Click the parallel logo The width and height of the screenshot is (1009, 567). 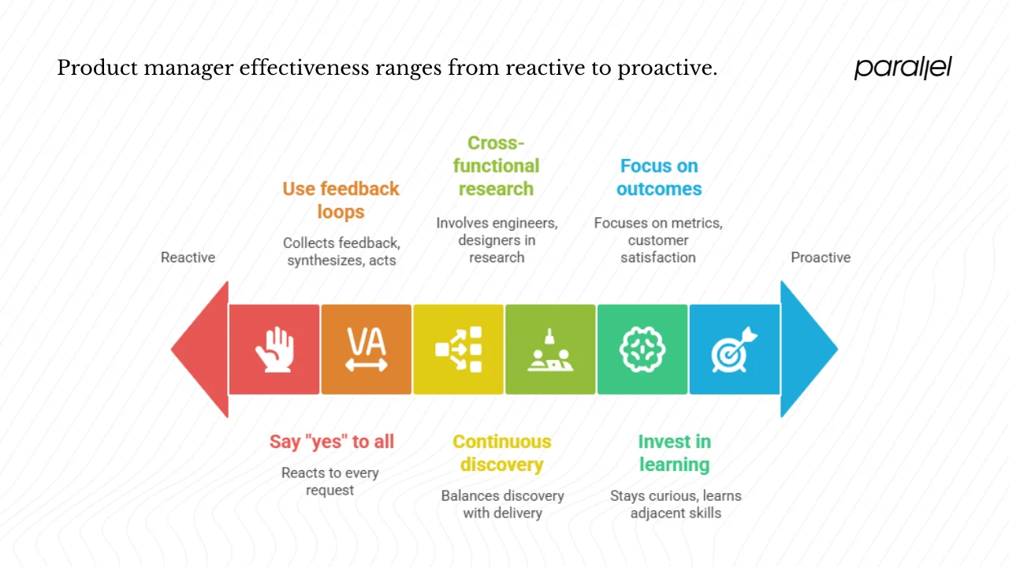[x=903, y=68]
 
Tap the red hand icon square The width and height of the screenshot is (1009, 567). [x=274, y=349]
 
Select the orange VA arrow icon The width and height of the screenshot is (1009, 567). [x=367, y=349]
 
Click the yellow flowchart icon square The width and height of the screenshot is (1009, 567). [x=458, y=349]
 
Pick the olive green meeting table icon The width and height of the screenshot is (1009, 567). [x=550, y=349]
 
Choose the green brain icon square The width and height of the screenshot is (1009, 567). [x=642, y=349]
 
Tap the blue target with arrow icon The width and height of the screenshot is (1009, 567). [x=734, y=349]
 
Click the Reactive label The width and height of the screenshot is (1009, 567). [x=188, y=258]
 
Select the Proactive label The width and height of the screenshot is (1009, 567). [x=821, y=258]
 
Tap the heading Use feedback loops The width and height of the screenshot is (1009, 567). [x=341, y=200]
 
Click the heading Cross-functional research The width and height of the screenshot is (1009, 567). [x=496, y=166]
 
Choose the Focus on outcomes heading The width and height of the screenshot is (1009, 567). [x=659, y=177]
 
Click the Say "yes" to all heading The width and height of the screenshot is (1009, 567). [x=331, y=442]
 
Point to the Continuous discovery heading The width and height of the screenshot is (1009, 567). [x=502, y=453]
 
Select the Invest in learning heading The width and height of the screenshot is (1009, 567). [x=674, y=453]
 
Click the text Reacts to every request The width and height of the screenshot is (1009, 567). [x=330, y=481]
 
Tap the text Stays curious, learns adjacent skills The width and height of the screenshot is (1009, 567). [x=676, y=504]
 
